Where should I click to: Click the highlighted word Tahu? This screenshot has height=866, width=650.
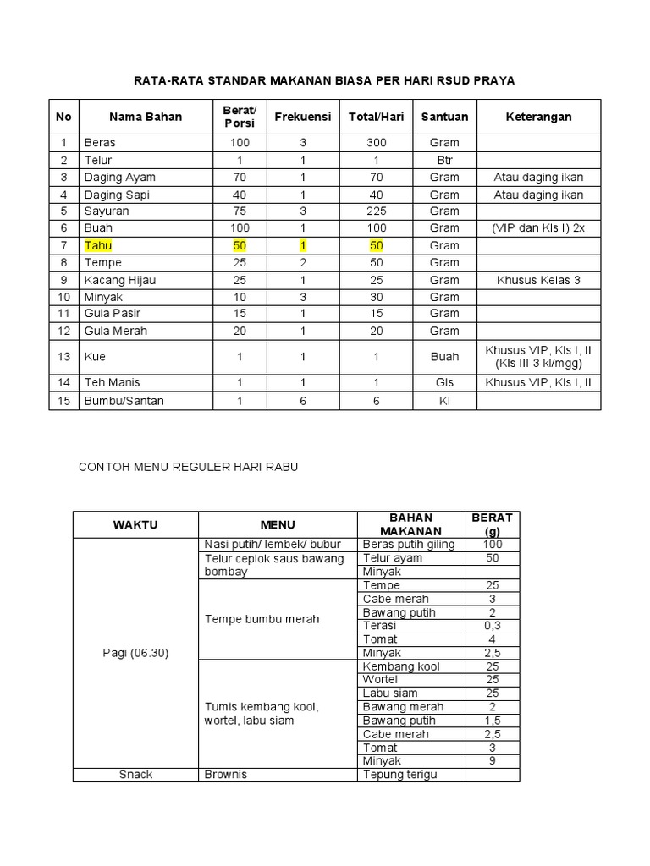click(97, 245)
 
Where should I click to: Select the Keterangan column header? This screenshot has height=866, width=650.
click(538, 117)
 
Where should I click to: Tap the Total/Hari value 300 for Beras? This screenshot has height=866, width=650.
click(376, 143)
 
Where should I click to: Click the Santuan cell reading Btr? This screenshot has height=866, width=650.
click(444, 160)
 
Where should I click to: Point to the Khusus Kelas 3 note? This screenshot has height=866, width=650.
click(538, 280)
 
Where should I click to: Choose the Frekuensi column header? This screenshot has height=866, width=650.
click(303, 117)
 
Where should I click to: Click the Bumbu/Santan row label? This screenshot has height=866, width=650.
click(115, 401)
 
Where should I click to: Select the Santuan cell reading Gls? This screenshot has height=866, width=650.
click(444, 382)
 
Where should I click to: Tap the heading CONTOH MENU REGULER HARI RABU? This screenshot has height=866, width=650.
click(189, 466)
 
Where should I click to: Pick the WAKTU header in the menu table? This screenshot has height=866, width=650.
click(135, 524)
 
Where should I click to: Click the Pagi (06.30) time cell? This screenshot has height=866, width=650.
click(135, 653)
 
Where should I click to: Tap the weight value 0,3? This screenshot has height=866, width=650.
click(492, 626)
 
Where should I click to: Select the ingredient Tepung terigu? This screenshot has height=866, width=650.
click(400, 775)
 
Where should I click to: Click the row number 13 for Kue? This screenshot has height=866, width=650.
click(63, 357)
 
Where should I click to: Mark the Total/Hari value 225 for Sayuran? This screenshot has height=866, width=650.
click(376, 211)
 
